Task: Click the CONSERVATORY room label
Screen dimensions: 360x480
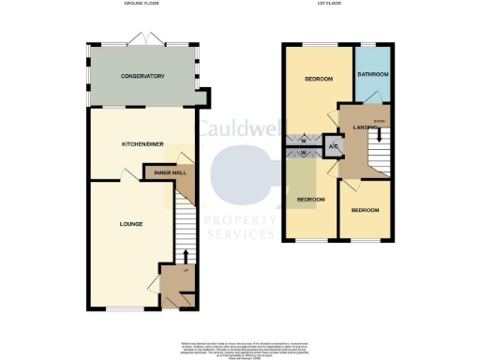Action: point(142,76)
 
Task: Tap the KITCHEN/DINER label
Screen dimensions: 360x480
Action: point(142,143)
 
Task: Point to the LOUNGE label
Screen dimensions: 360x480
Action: point(131,224)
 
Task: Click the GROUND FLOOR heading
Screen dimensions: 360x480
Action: point(142,5)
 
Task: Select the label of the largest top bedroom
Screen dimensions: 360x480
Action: point(319,80)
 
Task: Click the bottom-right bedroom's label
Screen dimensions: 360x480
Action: point(366,210)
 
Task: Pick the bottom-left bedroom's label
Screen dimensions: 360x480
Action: point(311,200)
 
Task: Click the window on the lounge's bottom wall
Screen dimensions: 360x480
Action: point(119,308)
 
